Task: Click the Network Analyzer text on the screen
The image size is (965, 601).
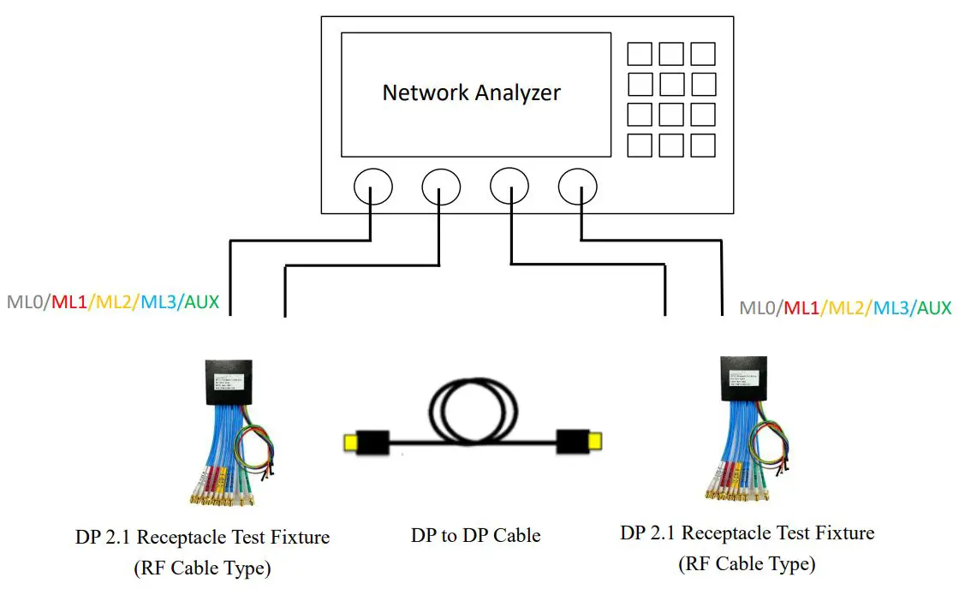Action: (x=471, y=92)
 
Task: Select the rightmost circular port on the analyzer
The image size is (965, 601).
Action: (x=577, y=185)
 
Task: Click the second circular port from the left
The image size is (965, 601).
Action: (x=441, y=185)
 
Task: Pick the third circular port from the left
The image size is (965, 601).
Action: (x=509, y=185)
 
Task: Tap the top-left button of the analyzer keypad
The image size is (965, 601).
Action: (x=640, y=53)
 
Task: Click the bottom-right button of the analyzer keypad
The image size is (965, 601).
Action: (x=703, y=146)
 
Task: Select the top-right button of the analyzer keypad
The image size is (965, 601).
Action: (x=703, y=53)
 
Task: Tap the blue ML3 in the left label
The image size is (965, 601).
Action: (x=158, y=301)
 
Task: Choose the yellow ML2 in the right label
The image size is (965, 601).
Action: (x=844, y=307)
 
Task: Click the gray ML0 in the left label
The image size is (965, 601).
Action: (x=26, y=301)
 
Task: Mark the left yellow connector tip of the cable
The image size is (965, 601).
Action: (x=349, y=443)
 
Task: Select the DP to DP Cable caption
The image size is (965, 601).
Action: (x=475, y=536)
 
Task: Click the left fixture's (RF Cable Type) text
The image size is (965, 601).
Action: (x=202, y=568)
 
